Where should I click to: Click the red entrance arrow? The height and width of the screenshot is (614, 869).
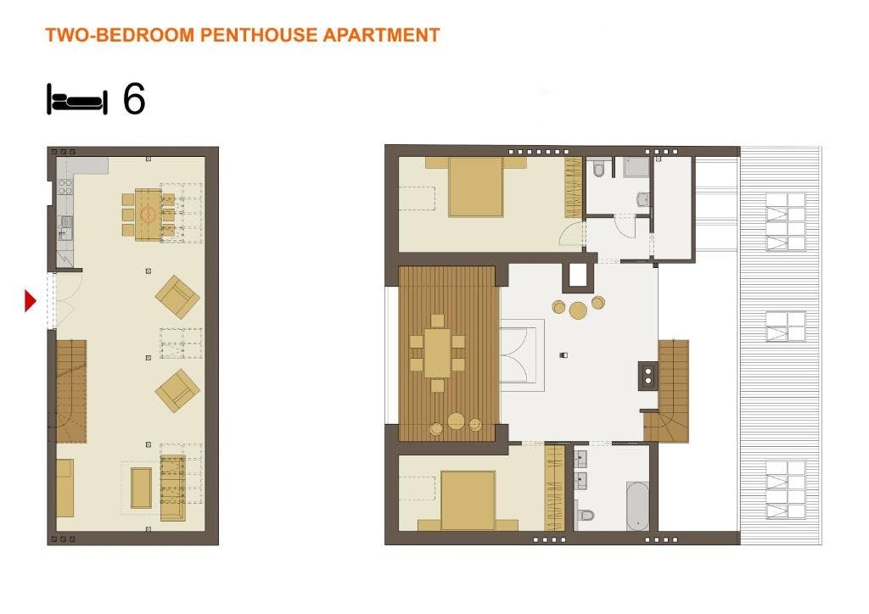pyautogui.click(x=30, y=300)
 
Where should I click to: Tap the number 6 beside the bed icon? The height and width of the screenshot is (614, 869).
pyautogui.click(x=134, y=99)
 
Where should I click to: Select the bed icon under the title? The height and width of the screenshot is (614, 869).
pyautogui.click(x=77, y=100)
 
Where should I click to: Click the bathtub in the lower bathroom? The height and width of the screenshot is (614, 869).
pyautogui.click(x=637, y=505)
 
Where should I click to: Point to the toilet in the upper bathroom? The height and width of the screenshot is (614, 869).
pyautogui.click(x=598, y=168)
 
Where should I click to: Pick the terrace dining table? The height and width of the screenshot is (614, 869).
pyautogui.click(x=438, y=354)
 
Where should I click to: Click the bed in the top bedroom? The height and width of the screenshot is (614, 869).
pyautogui.click(x=475, y=187)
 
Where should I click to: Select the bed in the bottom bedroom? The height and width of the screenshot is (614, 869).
pyautogui.click(x=468, y=500)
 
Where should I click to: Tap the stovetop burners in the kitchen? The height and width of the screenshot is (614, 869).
pyautogui.click(x=65, y=187)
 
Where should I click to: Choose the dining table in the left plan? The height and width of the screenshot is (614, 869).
pyautogui.click(x=148, y=215)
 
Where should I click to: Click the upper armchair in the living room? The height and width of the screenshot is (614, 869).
pyautogui.click(x=177, y=297)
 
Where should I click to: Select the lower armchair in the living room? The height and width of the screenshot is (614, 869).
pyautogui.click(x=177, y=391)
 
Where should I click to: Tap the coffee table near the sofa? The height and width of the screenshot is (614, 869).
pyautogui.click(x=141, y=488)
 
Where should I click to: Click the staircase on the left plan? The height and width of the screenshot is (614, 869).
pyautogui.click(x=71, y=391)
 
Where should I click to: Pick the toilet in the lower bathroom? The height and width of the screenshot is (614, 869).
pyautogui.click(x=586, y=516)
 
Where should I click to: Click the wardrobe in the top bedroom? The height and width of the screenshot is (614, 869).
pyautogui.click(x=573, y=187)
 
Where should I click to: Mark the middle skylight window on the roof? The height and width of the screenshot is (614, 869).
pyautogui.click(x=786, y=327)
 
